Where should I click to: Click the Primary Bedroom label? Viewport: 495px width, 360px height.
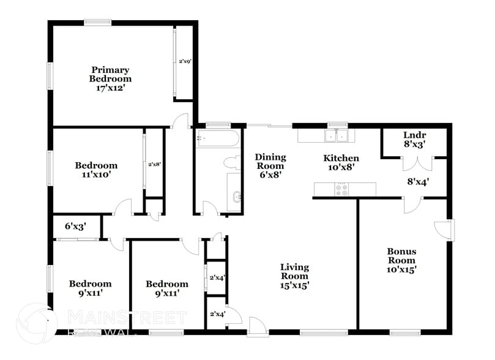(x=110, y=73)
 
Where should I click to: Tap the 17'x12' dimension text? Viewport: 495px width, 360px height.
(x=110, y=88)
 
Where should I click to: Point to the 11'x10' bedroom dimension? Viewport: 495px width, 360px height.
(x=96, y=174)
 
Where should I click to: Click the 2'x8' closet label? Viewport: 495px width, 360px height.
(x=154, y=164)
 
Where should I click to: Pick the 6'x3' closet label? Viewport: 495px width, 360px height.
(x=75, y=226)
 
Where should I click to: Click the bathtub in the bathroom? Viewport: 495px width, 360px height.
(x=218, y=138)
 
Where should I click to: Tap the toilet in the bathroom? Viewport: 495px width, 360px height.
(x=231, y=163)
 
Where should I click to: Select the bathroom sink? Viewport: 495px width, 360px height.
(x=236, y=197)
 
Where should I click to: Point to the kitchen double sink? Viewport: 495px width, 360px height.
(x=337, y=135)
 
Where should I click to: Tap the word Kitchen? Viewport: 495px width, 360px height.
(x=341, y=158)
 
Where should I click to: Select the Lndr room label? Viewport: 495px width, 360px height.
(x=414, y=135)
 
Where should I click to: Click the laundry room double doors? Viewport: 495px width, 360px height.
(x=418, y=162)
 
